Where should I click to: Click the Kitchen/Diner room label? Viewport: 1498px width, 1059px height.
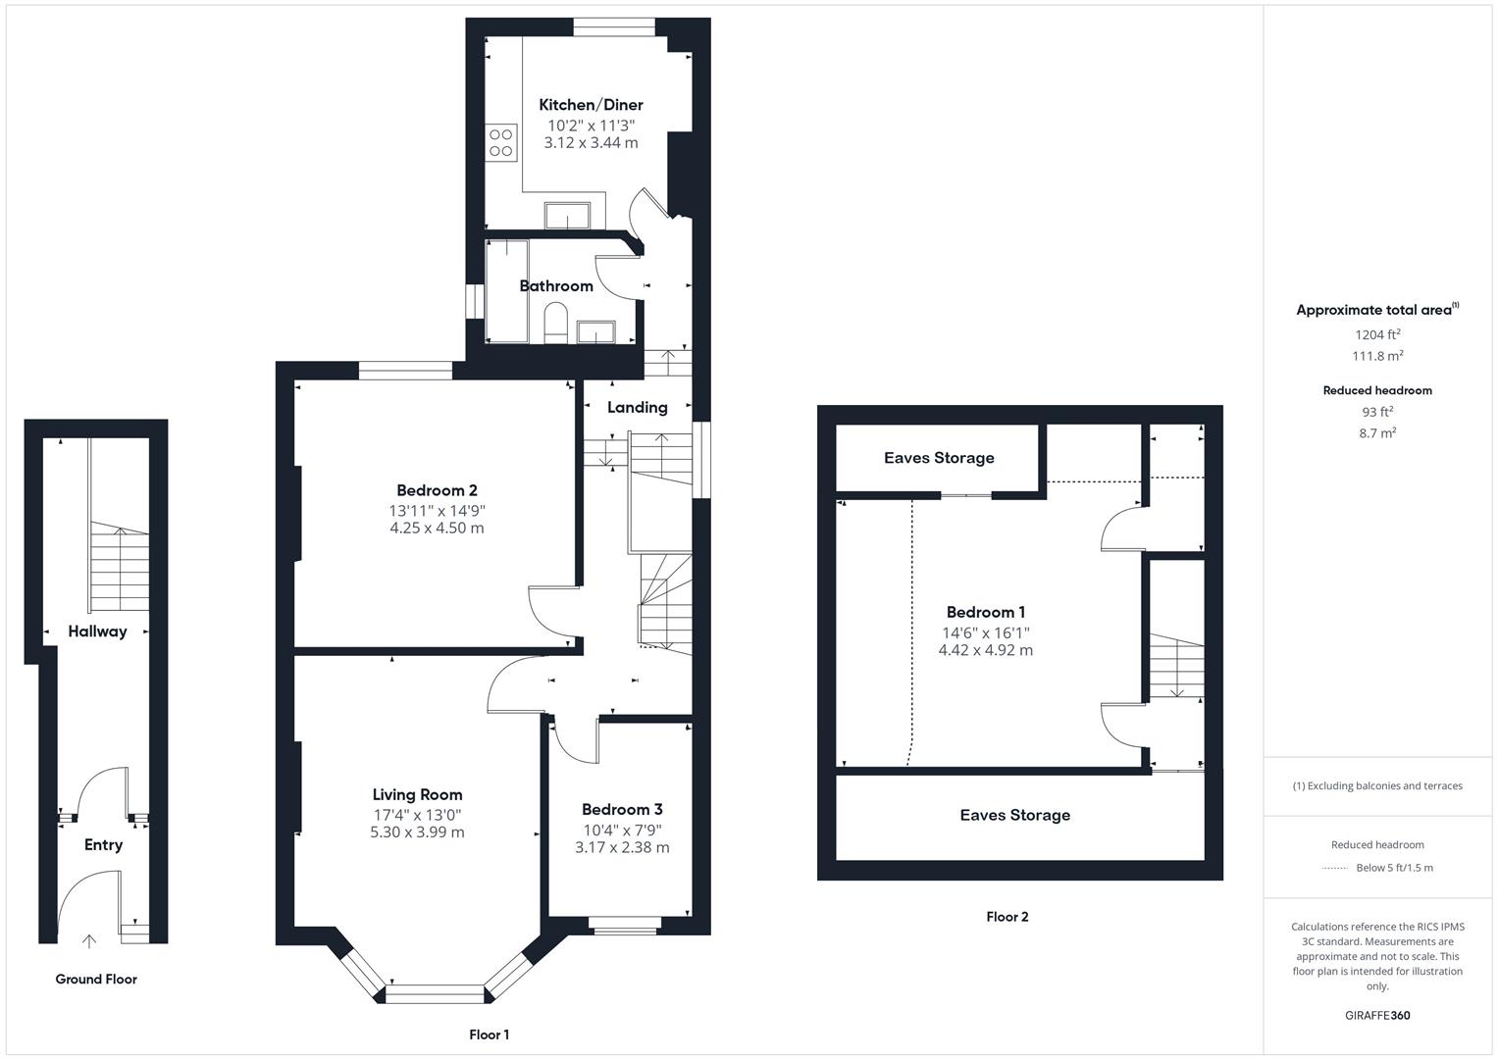tap(591, 105)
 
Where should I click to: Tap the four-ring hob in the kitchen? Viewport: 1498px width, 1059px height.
tap(501, 142)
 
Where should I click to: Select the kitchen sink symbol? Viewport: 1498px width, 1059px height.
tap(567, 216)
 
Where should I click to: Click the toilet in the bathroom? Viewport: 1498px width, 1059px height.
tap(555, 323)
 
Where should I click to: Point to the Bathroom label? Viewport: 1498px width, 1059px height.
tap(556, 286)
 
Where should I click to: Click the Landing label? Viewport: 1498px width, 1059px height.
tap(638, 407)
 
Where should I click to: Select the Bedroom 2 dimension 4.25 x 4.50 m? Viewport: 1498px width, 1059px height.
tap(437, 529)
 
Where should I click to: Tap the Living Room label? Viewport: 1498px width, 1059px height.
tap(417, 794)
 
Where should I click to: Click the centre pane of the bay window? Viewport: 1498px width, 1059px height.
tap(435, 994)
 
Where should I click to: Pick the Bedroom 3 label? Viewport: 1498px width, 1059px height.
tap(622, 810)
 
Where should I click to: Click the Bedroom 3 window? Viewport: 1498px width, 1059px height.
tap(625, 926)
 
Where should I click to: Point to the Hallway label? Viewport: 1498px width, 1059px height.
tap(98, 631)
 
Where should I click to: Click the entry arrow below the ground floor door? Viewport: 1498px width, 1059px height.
tap(89, 941)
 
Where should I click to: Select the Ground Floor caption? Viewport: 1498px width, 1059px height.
tap(96, 980)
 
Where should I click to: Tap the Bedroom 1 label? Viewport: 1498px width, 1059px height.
tap(986, 613)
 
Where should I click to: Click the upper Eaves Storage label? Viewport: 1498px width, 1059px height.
tap(939, 458)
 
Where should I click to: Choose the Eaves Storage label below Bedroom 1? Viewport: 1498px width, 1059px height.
tap(1015, 815)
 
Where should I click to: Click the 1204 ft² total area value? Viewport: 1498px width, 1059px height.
tap(1377, 334)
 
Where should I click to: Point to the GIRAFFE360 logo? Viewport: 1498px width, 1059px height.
tap(1377, 1016)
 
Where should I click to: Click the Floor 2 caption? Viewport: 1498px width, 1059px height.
tap(1007, 917)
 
